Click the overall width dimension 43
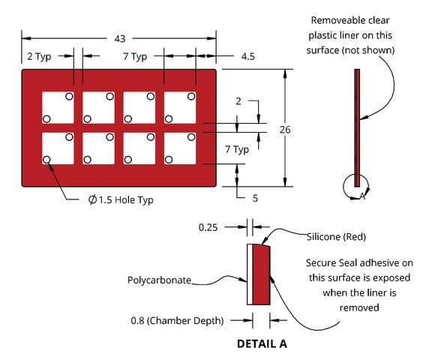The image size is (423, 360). click(x=120, y=39)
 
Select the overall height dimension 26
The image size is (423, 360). click(x=285, y=130)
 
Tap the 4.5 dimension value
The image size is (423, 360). click(x=248, y=56)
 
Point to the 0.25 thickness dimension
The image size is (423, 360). click(x=208, y=227)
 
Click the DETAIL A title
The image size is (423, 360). click(x=262, y=343)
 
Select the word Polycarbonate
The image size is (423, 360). click(x=159, y=280)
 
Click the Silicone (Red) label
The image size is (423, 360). click(x=337, y=237)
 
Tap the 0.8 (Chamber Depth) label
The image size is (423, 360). click(x=177, y=320)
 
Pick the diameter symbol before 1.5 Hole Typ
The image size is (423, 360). click(x=92, y=199)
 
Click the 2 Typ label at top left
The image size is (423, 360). click(x=39, y=57)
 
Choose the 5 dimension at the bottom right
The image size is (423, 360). click(x=255, y=198)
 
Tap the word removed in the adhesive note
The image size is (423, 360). click(x=359, y=307)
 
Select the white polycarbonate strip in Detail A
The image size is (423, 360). click(x=250, y=274)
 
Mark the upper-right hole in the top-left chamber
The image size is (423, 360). click(x=69, y=96)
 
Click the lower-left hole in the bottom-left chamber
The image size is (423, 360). click(x=46, y=160)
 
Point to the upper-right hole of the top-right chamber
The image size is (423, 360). click(x=191, y=96)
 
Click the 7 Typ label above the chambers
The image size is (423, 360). click(x=135, y=57)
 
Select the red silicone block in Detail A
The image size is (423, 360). click(x=262, y=274)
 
